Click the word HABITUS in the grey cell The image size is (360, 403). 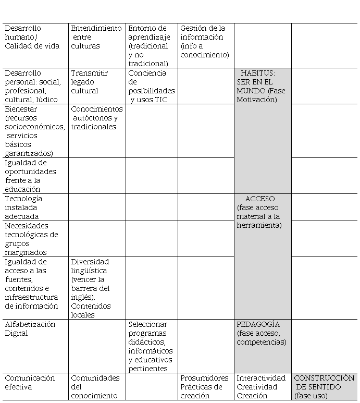(258, 74)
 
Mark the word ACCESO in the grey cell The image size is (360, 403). (260, 199)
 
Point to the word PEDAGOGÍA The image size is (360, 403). (258, 325)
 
